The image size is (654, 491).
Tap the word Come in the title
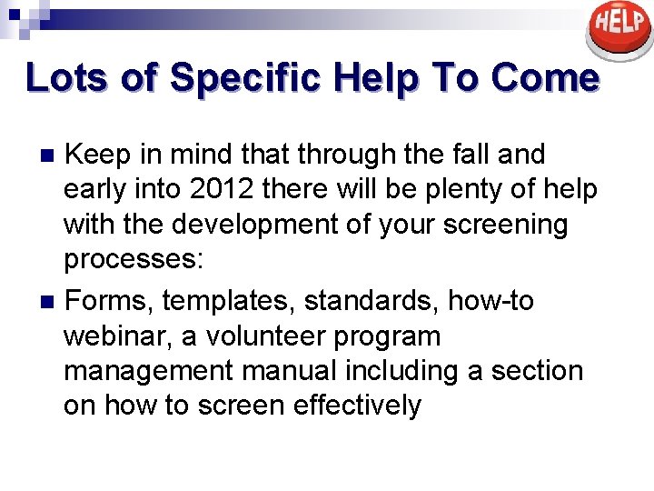(546, 77)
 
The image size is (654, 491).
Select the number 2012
(217, 189)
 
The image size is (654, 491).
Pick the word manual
(301, 370)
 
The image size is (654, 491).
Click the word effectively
(358, 405)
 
